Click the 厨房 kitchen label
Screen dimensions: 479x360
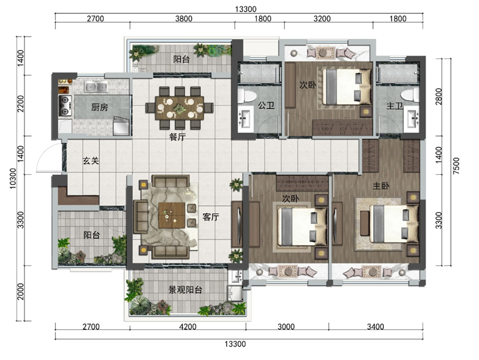coord(99,107)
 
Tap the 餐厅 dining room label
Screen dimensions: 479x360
coord(177,137)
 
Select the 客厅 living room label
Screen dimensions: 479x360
coord(211,217)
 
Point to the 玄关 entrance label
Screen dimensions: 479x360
coord(91,161)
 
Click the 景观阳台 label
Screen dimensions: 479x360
coord(186,289)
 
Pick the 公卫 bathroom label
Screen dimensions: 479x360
coord(266,105)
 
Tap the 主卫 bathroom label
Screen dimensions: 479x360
coord(395,106)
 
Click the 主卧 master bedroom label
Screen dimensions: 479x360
coord(381,186)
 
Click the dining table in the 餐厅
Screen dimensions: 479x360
coord(179,108)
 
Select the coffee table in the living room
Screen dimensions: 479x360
coord(172,215)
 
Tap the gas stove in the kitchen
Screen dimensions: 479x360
coord(65,106)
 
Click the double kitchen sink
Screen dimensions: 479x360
coord(96,87)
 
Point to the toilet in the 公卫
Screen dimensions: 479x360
coord(247,96)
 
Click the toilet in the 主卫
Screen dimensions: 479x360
coord(410,95)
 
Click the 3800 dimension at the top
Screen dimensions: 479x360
coord(184,19)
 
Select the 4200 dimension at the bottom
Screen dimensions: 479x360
coord(188,326)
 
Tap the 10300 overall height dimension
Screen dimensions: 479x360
coord(13,179)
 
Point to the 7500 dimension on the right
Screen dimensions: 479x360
coord(456,166)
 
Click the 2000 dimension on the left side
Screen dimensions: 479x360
coord(20,292)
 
